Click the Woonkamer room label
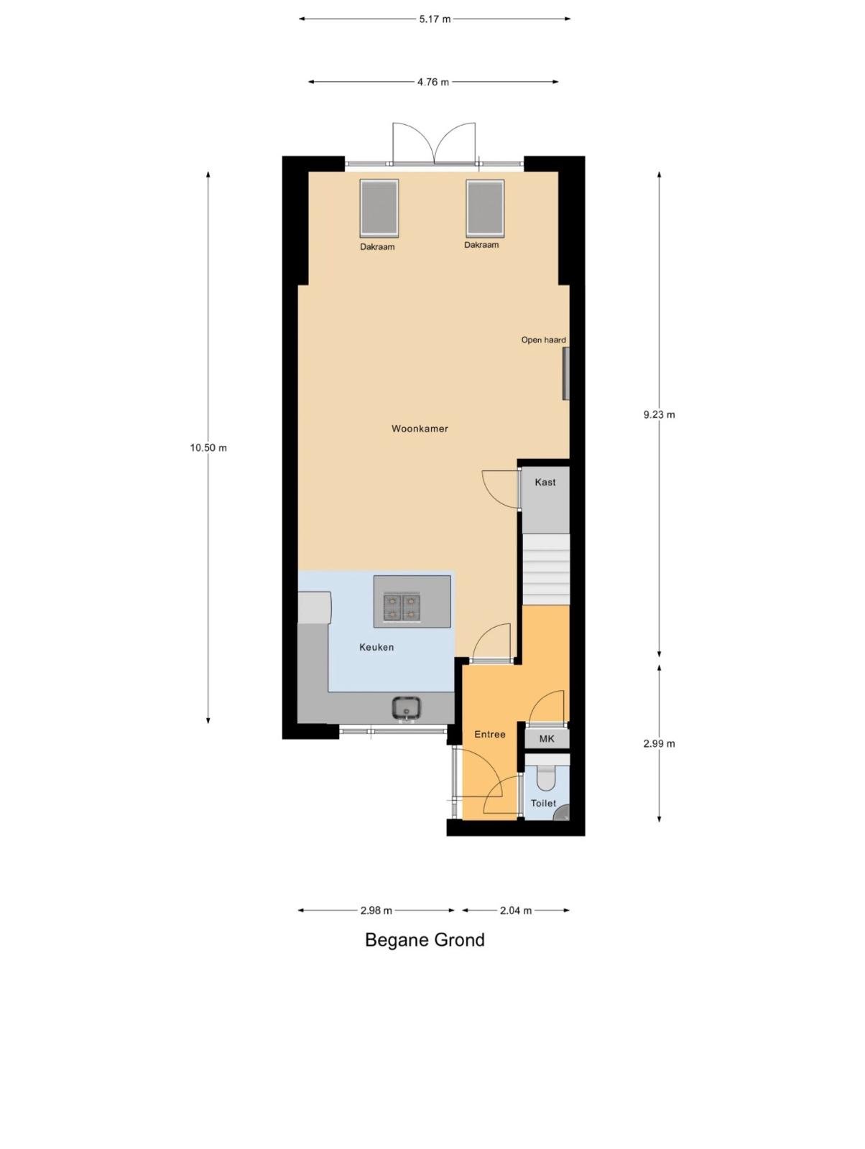[x=420, y=429]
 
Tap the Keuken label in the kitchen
[x=376, y=648]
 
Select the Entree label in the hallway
[x=489, y=735]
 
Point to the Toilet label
[x=544, y=803]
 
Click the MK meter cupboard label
[x=547, y=739]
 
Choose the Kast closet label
[x=545, y=482]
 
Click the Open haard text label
[x=544, y=340]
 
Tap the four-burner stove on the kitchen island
[x=402, y=608]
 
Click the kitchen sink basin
[x=407, y=709]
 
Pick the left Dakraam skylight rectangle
[x=379, y=208]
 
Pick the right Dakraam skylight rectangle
[x=485, y=208]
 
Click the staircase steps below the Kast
[x=545, y=569]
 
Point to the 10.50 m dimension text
[x=208, y=447]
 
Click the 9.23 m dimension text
[x=660, y=415]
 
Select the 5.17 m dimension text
[x=435, y=19]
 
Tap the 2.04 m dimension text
[x=516, y=911]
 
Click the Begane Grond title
[x=425, y=940]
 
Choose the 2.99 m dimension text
[x=660, y=744]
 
